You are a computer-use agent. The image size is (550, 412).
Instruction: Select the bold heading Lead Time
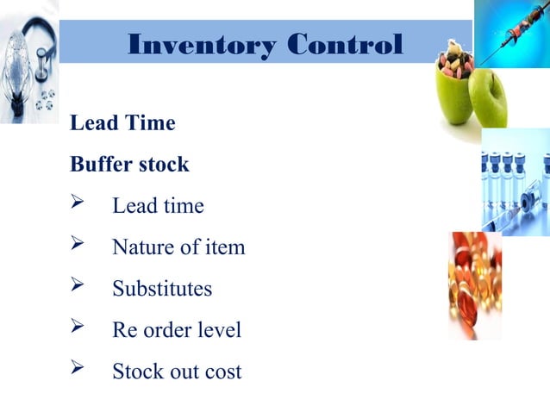coord(122,123)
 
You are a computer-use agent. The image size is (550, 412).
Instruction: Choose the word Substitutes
coord(162,289)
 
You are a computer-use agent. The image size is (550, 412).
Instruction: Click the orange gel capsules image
coord(475,284)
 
